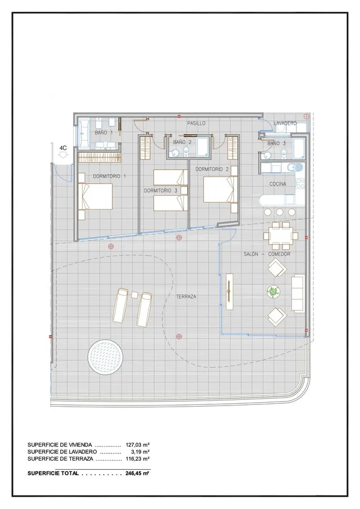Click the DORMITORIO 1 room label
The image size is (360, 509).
tap(109, 176)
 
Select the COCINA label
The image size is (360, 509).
tap(278, 184)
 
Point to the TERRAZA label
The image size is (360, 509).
tap(186, 296)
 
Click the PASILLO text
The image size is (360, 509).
tap(196, 123)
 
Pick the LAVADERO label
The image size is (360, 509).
tap(285, 123)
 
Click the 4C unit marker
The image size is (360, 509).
tap(63, 148)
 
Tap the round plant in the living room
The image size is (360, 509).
tap(273, 291)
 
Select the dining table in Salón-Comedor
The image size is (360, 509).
tap(281, 235)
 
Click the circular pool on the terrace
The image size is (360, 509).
tap(106, 357)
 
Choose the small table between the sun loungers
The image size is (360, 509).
tap(134, 295)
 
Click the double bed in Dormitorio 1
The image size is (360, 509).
tap(96, 196)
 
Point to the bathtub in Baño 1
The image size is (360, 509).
tap(83, 134)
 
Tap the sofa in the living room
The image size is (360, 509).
tap(298, 293)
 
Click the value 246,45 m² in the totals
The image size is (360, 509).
tap(137, 474)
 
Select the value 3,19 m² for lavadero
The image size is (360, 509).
tap(140, 452)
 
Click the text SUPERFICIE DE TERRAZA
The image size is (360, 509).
tap(60, 459)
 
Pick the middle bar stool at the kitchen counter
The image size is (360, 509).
tap(280, 212)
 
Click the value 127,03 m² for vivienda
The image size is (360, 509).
tap(137, 445)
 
